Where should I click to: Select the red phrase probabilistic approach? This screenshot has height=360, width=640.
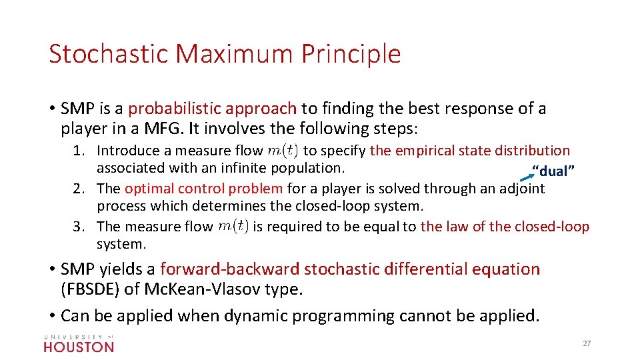tap(212, 109)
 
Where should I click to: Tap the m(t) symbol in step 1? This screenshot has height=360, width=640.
tap(284, 151)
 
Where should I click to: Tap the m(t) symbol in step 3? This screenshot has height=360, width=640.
tap(233, 227)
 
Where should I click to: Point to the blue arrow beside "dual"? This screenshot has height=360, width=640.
tap(528, 177)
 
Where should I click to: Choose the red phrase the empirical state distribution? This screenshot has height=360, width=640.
tap(470, 151)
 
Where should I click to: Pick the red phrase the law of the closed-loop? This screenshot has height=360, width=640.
tap(505, 227)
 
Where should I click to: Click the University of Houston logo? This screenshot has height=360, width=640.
tap(79, 343)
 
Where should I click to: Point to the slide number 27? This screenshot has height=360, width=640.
tap(587, 343)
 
